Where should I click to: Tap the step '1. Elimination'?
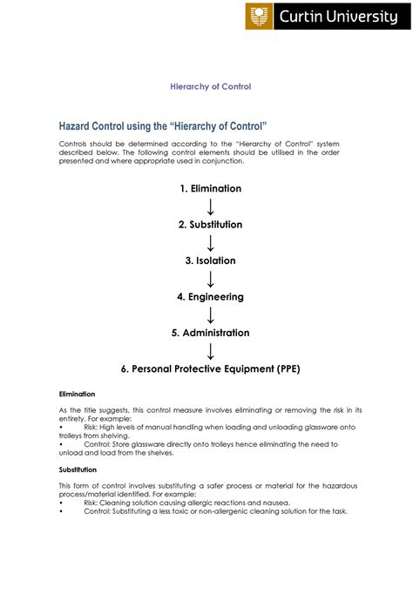click(210, 188)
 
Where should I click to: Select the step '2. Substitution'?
click(210, 225)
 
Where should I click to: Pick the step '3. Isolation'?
click(210, 260)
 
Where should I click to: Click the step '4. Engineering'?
click(210, 297)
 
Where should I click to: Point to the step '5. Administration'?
click(210, 333)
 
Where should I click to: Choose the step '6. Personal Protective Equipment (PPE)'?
click(210, 368)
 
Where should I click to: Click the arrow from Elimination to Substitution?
click(210, 206)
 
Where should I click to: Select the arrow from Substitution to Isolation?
click(210, 243)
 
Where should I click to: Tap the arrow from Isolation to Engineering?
click(210, 279)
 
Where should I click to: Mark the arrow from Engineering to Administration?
click(210, 315)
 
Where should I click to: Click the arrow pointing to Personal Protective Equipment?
click(210, 351)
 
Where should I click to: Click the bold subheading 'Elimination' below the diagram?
click(77, 394)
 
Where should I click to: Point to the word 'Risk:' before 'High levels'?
click(94, 427)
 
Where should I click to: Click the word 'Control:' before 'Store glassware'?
click(99, 444)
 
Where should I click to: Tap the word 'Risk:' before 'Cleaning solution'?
click(94, 503)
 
